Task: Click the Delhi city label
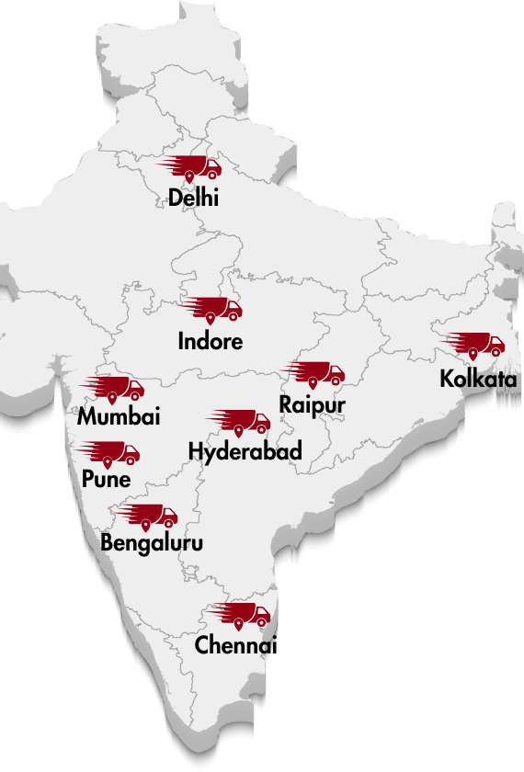click(x=193, y=197)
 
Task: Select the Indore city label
click(x=211, y=341)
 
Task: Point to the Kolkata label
click(x=478, y=379)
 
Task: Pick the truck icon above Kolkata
click(x=475, y=344)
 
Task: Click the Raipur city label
click(x=313, y=404)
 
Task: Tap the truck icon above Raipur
click(x=315, y=372)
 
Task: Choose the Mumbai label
click(x=119, y=417)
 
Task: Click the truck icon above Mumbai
click(x=115, y=387)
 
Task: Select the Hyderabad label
click(x=245, y=451)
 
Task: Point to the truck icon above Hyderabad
click(x=241, y=421)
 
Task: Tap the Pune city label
click(x=106, y=480)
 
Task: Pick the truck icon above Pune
click(x=110, y=451)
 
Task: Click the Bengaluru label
click(x=152, y=543)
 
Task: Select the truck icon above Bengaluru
click(x=148, y=515)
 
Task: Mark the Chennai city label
click(x=235, y=645)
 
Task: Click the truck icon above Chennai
click(x=241, y=614)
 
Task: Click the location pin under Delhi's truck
click(x=189, y=176)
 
